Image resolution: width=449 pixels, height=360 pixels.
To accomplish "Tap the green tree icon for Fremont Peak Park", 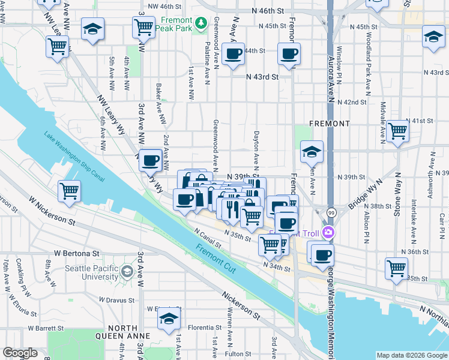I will pos(203,23).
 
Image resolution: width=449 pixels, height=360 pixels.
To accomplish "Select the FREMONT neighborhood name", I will pos(329,123).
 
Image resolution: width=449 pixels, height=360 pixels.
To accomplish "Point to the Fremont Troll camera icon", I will pos(328,232).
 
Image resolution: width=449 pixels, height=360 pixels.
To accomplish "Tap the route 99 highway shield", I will pos(331,213).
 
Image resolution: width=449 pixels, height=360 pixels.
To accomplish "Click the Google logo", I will pos(20,353).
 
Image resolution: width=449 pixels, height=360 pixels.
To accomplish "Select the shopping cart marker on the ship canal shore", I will pos(70,191).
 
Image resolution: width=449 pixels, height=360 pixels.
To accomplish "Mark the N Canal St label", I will pos(207,239).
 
